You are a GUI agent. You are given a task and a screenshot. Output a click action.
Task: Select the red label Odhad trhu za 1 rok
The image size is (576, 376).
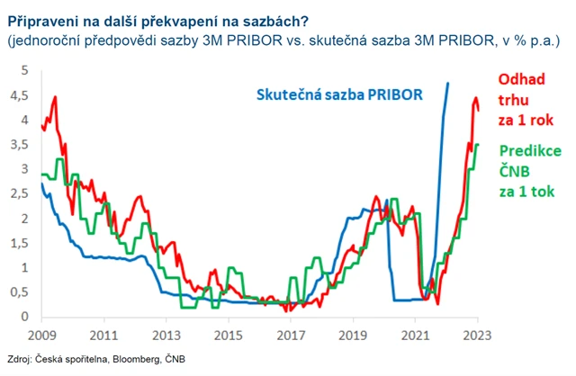[x=525, y=99]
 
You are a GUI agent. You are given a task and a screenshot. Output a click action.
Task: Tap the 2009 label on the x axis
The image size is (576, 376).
[x=41, y=332]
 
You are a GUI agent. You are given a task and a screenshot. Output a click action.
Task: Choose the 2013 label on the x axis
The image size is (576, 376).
[x=166, y=332]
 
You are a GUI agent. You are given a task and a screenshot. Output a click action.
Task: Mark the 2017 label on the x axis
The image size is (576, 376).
[x=291, y=332]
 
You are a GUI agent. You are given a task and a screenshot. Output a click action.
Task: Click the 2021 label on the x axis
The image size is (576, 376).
[x=416, y=332]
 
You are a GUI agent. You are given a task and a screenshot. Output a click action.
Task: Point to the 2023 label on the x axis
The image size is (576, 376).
[x=478, y=332]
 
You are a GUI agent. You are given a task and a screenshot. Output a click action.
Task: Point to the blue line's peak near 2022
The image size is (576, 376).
[x=447, y=84]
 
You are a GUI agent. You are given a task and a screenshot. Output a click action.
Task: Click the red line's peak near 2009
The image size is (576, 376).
[x=56, y=96]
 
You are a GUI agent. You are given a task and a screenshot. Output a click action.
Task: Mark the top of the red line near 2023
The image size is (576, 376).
[x=475, y=98]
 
